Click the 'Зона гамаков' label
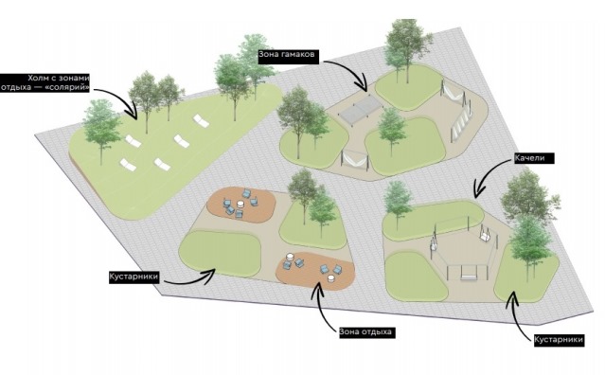pyautogui.click(x=288, y=54)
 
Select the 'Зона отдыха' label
pyautogui.click(x=365, y=332)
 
